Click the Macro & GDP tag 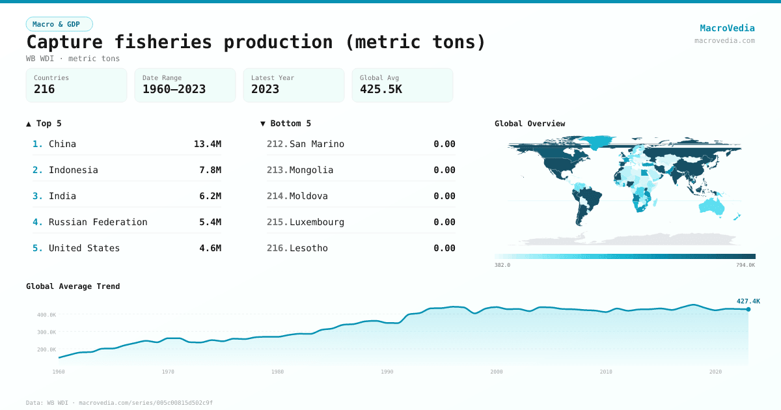pos(59,24)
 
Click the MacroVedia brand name pos(727,28)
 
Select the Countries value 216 pos(44,89)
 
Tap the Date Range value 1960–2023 pos(174,89)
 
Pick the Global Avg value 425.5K pos(381,89)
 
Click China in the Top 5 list pos(62,144)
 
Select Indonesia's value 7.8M pos(210,170)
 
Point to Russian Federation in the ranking pos(98,222)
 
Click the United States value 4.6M pos(210,248)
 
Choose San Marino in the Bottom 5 pos(317,144)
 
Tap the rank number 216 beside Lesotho pos(277,248)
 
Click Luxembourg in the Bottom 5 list pos(317,222)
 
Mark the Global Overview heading pos(530,124)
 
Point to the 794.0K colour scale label pos(746,265)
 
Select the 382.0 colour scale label pos(502,265)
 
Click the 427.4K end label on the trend pos(748,301)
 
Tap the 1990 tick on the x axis pos(387,372)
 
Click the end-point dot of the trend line pos(748,309)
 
